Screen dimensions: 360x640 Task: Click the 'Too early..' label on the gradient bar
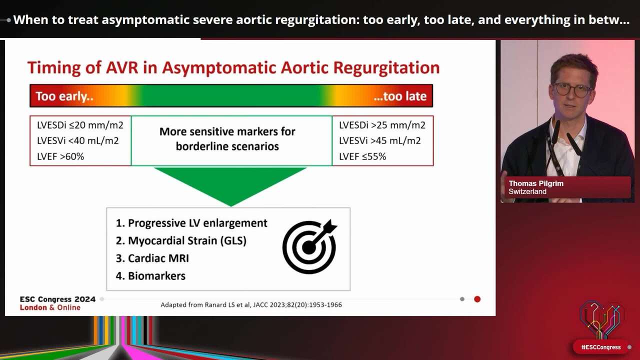(64, 96)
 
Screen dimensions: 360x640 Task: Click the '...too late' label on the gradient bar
(399, 96)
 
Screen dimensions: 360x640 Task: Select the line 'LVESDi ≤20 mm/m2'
(80, 125)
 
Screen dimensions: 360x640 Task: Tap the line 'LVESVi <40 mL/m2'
(77, 140)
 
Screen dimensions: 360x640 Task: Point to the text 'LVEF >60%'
(60, 156)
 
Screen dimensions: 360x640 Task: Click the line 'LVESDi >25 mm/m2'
(382, 125)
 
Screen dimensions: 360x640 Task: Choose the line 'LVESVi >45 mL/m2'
(379, 140)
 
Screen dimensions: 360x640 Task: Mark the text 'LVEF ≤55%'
(362, 156)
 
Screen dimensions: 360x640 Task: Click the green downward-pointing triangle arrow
(230, 183)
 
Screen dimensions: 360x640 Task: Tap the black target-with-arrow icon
(309, 246)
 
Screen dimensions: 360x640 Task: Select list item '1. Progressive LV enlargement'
(191, 223)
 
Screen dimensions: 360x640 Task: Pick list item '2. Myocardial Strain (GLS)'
(181, 240)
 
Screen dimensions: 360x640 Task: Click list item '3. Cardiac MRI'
(152, 258)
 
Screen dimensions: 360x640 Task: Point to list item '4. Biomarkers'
(150, 276)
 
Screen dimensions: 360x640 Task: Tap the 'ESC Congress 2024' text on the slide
(57, 299)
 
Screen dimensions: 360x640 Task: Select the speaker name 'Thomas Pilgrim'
(536, 183)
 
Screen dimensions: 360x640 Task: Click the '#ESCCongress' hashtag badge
(600, 347)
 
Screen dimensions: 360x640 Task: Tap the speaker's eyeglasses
(572, 90)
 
